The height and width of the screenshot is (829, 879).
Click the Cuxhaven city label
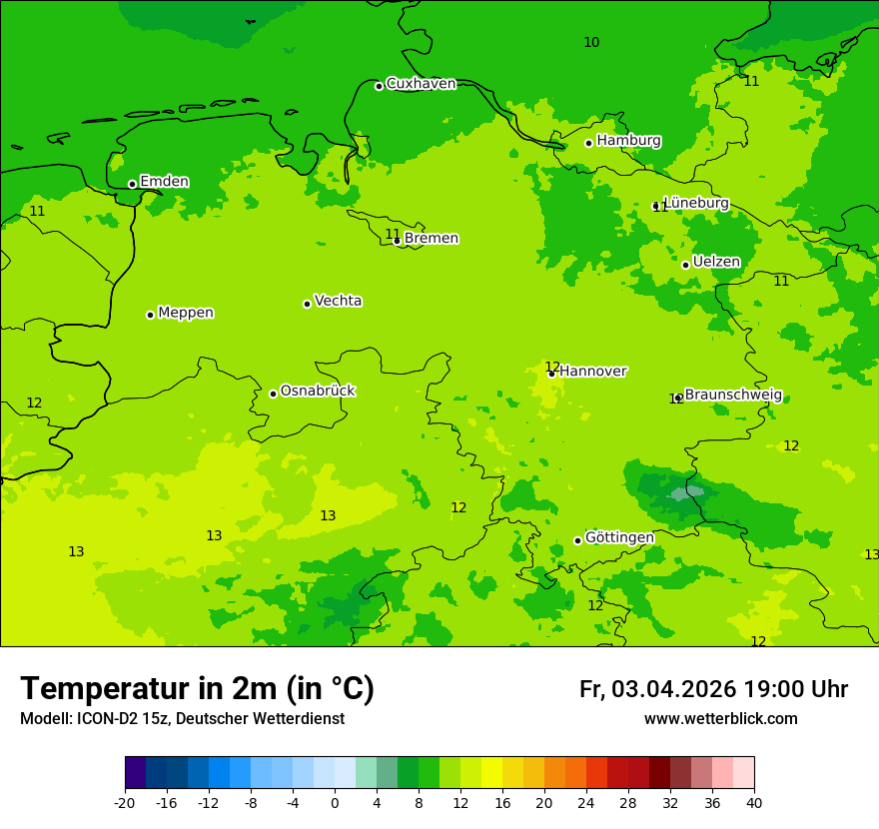[x=421, y=84]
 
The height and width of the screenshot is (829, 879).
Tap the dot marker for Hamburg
[x=589, y=143]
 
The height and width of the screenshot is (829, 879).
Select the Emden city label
[x=164, y=182]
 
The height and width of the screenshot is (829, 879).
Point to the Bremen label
[x=432, y=239]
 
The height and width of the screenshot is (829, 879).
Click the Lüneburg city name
[x=696, y=203]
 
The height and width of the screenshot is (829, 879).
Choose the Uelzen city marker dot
[x=685, y=265]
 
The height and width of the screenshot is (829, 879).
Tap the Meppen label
[x=186, y=313]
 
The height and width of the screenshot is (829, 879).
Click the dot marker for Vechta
[x=307, y=304]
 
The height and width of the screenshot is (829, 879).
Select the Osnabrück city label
[x=318, y=391]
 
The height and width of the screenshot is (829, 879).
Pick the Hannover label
[x=592, y=372]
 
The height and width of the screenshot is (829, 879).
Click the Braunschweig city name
[x=733, y=395]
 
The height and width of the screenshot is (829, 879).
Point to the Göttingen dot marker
[x=577, y=540]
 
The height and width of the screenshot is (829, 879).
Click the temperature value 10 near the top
[x=591, y=42]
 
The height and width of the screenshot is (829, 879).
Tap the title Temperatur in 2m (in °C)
[x=197, y=688]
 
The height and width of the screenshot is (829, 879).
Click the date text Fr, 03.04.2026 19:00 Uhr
[x=713, y=689]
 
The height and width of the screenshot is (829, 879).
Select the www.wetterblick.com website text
[x=720, y=719]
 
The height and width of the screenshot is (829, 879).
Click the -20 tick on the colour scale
[x=125, y=802]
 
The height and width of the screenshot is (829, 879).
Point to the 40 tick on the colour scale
[x=754, y=802]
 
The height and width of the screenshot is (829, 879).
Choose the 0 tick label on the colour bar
[x=335, y=802]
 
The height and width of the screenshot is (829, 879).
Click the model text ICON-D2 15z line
[x=182, y=719]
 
